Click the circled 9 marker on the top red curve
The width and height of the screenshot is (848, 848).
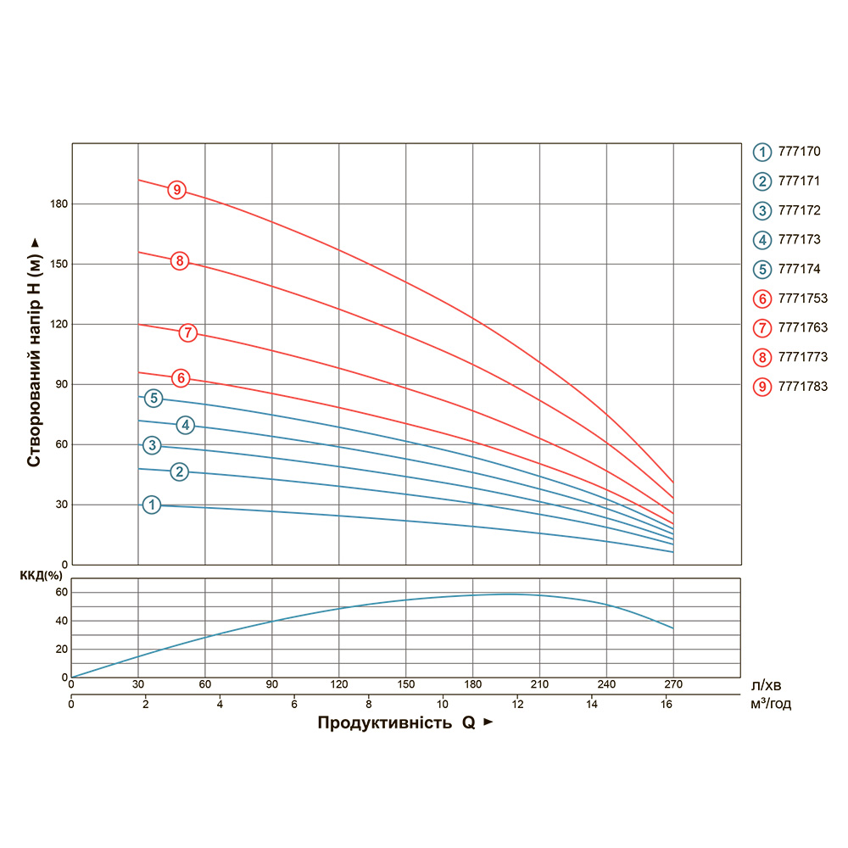176,190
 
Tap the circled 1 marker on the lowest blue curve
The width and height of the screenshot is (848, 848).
151,505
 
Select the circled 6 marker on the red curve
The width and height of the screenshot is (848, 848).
180,377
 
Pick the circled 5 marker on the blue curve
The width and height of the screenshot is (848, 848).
153,398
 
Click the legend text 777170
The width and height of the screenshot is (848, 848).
799,152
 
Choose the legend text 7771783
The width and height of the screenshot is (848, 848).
802,386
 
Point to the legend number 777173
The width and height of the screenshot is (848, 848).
799,240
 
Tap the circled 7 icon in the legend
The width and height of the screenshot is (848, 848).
762,327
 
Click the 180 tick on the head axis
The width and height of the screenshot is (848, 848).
58,204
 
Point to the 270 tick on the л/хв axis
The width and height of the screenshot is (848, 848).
673,685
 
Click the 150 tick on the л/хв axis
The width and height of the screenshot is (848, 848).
405,685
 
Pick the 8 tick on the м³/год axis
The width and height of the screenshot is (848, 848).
368,704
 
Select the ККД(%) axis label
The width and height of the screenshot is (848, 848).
36,576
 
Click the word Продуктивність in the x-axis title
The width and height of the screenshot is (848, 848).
384,722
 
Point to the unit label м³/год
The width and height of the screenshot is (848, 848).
771,704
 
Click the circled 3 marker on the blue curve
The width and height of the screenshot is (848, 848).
152,445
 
